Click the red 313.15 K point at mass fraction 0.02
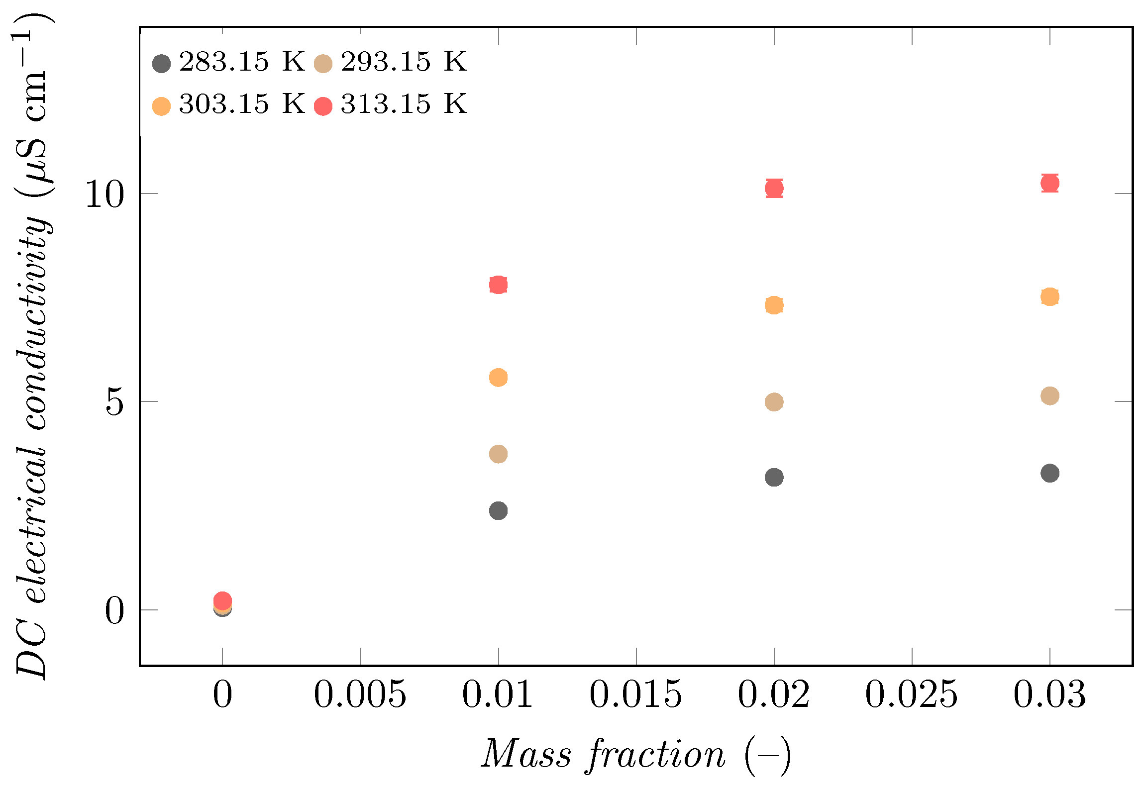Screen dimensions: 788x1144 click(774, 188)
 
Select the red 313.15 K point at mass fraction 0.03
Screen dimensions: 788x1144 click(1049, 183)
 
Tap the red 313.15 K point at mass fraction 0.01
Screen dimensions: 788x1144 click(498, 285)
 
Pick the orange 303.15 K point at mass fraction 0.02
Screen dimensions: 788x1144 click(774, 305)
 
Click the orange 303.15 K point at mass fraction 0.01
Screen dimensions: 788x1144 click(498, 378)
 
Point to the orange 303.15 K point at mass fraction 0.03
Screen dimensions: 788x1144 click(1049, 297)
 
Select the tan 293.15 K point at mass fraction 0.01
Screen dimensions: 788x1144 click(498, 454)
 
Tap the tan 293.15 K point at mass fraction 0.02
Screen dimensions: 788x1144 click(774, 401)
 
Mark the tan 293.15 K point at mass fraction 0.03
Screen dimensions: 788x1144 click(1049, 396)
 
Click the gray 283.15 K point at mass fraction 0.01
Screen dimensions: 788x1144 click(498, 510)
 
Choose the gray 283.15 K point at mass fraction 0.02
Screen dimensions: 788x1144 click(774, 478)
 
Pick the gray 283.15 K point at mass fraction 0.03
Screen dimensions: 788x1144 click(1049, 473)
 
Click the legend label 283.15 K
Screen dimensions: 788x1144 click(241, 62)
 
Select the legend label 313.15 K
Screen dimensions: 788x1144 click(403, 104)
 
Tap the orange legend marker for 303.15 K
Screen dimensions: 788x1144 click(161, 106)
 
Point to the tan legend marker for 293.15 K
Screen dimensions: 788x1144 click(323, 64)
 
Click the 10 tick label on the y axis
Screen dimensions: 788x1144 click(104, 194)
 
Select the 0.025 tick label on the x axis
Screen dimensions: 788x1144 click(911, 694)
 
